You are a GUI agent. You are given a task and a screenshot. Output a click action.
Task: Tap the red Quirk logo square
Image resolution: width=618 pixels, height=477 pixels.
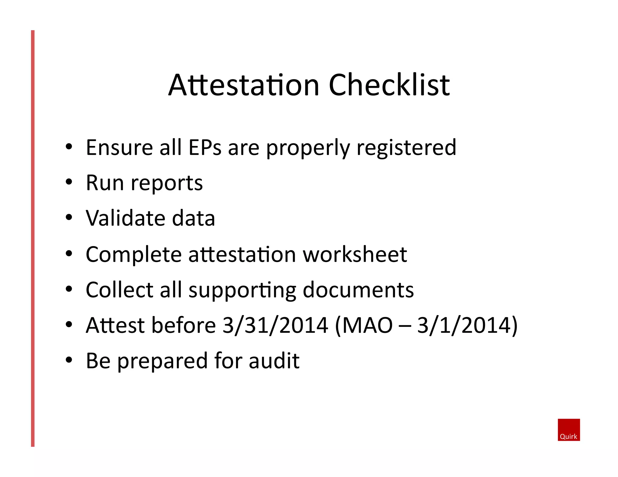(x=569, y=429)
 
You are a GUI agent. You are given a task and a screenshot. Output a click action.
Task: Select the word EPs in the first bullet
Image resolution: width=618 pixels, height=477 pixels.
(x=205, y=147)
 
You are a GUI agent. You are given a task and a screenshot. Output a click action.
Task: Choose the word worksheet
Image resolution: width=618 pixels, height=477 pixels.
(x=355, y=254)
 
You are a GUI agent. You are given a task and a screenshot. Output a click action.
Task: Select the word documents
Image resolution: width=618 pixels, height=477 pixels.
(x=358, y=290)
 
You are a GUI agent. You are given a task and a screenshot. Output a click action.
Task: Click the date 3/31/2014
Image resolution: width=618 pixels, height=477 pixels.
(x=275, y=325)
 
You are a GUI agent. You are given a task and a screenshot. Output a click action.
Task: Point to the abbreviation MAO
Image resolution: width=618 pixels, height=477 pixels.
(x=367, y=325)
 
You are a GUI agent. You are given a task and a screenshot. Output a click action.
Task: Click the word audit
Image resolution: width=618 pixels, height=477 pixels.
(x=274, y=361)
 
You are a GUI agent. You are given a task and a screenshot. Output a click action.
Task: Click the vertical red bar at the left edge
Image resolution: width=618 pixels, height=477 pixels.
(x=33, y=238)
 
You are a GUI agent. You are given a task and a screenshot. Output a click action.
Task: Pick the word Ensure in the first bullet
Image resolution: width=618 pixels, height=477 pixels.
(x=119, y=147)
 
